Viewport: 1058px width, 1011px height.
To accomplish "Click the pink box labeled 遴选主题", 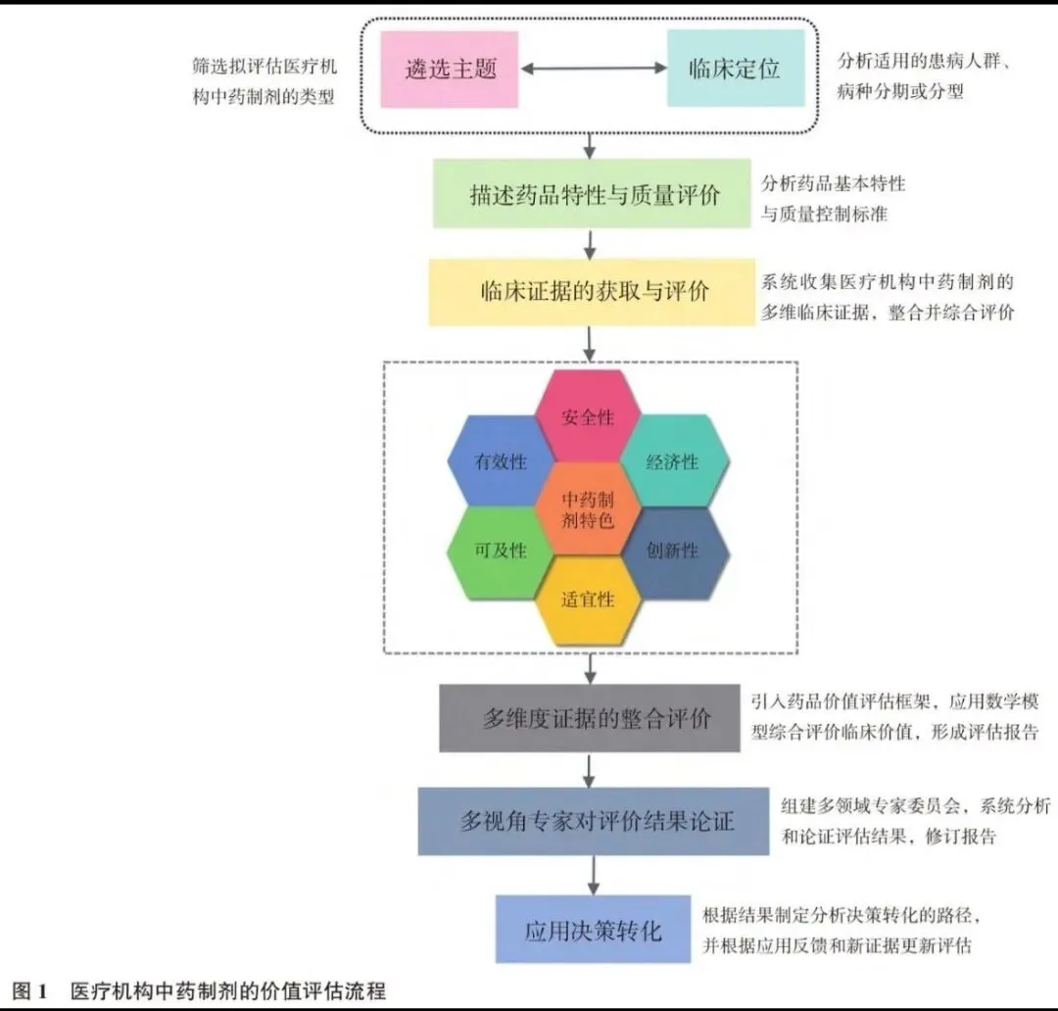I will [450, 70].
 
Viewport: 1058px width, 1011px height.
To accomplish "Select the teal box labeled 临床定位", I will [735, 70].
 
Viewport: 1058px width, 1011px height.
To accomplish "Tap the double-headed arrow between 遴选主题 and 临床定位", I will [593, 70].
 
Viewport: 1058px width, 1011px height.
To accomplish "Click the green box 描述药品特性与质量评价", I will [594, 194].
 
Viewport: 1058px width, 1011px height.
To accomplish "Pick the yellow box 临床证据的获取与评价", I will [591, 292].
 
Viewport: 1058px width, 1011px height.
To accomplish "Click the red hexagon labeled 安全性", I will [588, 417].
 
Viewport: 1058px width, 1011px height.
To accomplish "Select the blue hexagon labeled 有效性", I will [500, 462].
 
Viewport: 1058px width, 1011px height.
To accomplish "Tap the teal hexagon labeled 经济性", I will [673, 462].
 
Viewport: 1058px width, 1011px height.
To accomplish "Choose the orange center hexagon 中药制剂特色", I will [588, 509].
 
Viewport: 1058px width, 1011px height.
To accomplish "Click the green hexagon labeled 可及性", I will [500, 551].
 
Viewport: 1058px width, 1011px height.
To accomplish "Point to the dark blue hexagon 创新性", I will [673, 551].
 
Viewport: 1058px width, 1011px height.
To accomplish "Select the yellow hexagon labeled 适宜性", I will [588, 599].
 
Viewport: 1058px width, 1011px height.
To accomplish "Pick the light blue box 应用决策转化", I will [593, 929].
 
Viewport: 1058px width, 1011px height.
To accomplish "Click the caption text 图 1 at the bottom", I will [29, 991].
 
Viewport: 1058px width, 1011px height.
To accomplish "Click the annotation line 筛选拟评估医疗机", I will [264, 69].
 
